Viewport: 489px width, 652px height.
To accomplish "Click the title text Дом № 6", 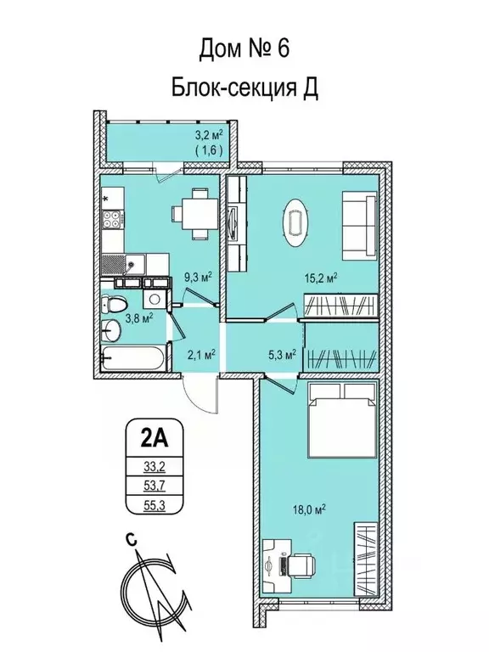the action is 244,48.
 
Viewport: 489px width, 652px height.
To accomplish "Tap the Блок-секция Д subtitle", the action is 244,87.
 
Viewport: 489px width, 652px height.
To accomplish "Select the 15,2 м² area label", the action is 320,278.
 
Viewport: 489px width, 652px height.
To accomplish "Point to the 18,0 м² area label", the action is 308,509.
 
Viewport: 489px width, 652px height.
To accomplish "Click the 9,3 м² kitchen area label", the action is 199,277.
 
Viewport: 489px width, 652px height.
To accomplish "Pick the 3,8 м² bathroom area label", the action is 140,319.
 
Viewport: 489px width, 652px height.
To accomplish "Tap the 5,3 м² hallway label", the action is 282,355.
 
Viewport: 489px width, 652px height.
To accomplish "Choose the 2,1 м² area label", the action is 200,355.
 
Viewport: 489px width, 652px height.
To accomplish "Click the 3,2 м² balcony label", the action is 209,135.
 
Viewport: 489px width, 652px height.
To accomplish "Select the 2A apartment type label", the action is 154,439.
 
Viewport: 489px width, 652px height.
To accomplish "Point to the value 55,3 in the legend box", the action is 155,505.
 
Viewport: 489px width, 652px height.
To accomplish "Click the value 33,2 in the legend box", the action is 155,467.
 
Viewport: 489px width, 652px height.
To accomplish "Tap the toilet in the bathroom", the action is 114,305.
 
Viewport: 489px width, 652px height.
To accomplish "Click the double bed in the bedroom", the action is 343,418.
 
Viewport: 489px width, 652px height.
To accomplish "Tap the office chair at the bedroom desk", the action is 301,565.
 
